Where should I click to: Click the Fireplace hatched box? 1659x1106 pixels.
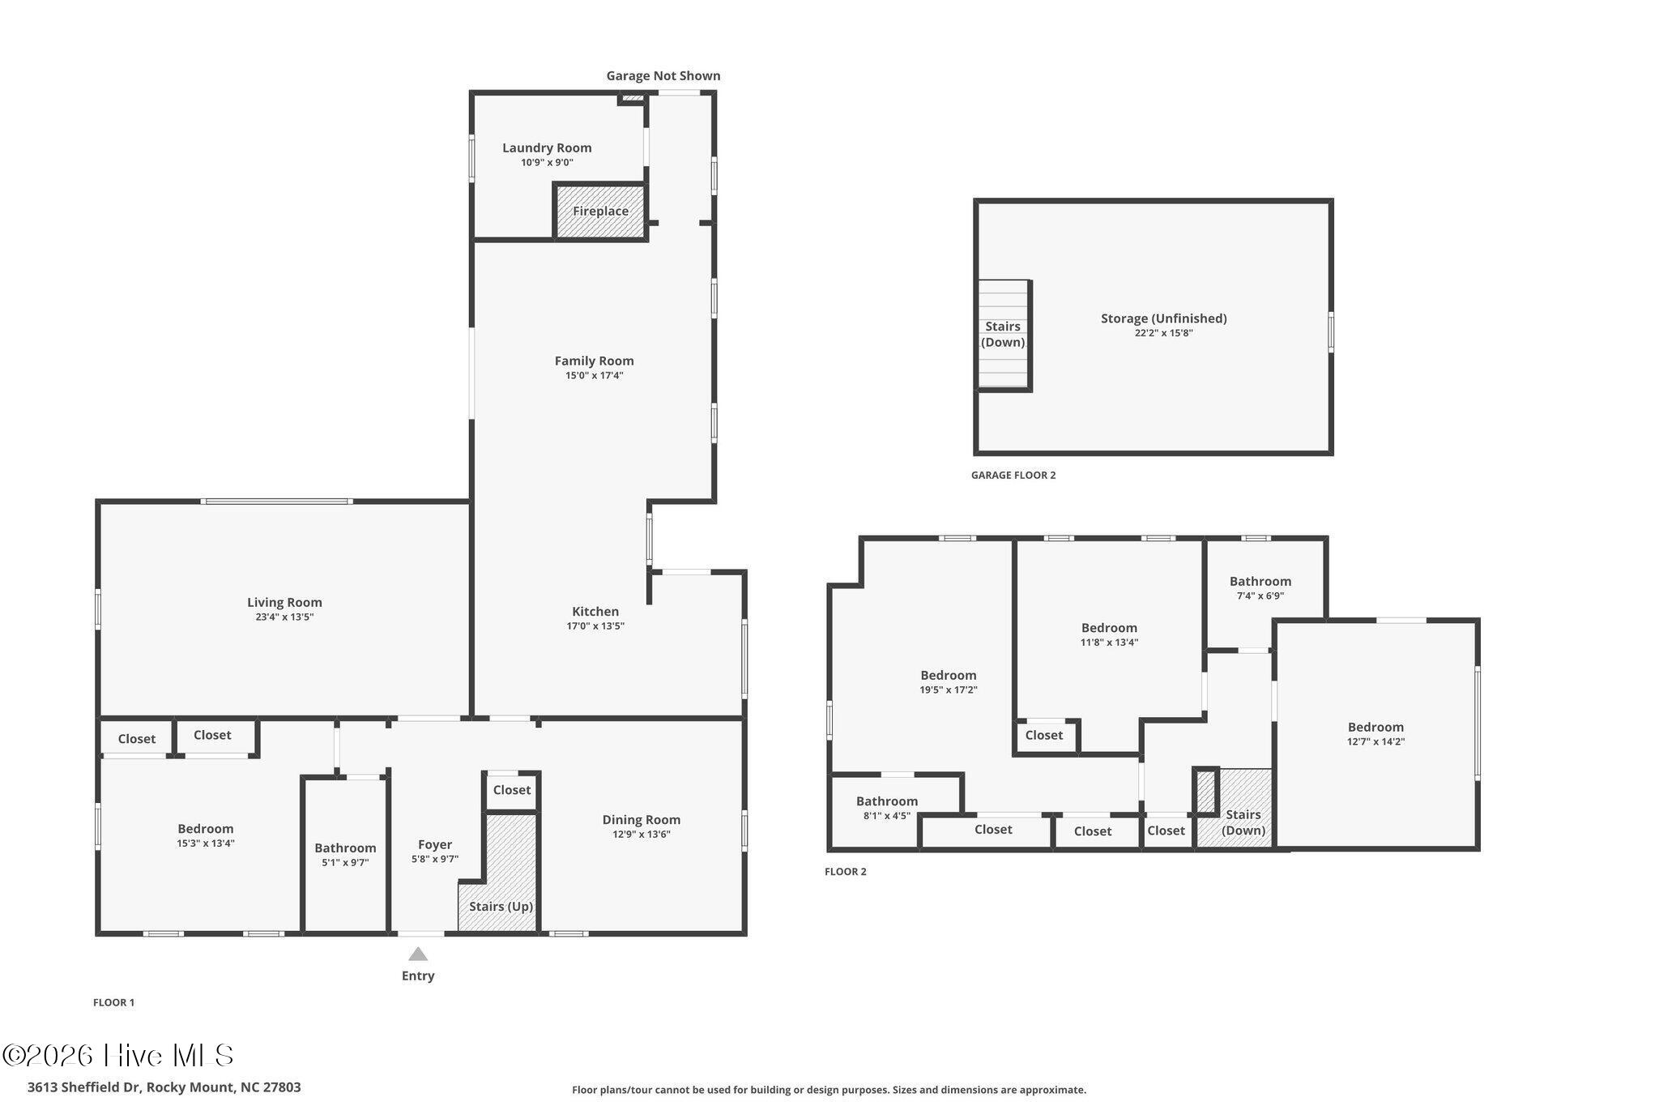[x=600, y=211]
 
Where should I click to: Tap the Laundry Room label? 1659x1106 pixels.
[x=547, y=147]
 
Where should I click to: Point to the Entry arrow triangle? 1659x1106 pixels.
[x=418, y=954]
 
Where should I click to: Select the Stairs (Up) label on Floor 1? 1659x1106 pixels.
[x=501, y=906]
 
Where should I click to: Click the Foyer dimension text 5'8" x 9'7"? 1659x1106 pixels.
[x=435, y=859]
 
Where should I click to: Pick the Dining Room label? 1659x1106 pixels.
[x=642, y=819]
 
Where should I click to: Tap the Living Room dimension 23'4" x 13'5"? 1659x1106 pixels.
[x=284, y=617]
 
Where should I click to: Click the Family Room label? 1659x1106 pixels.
[x=595, y=361]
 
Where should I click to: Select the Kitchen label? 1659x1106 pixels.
[x=595, y=611]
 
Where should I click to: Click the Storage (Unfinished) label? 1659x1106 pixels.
[x=1164, y=318]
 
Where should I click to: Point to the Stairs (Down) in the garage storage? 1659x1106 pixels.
[x=1003, y=334]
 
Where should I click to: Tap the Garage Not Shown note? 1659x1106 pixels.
[x=663, y=75]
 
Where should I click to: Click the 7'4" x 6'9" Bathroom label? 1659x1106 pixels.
[x=1260, y=581]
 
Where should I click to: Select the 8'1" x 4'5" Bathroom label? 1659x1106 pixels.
[x=887, y=801]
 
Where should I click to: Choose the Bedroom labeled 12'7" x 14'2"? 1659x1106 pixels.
[x=1376, y=727]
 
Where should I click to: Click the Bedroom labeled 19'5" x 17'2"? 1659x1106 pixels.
[x=949, y=675]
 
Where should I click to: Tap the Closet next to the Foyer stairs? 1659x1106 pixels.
[x=512, y=790]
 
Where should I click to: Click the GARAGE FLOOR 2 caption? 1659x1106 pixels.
[x=1013, y=476]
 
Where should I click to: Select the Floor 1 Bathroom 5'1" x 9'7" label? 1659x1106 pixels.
[x=345, y=848]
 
